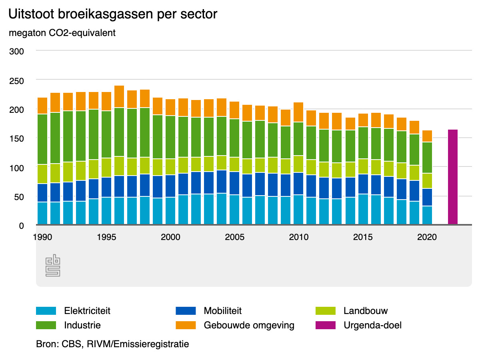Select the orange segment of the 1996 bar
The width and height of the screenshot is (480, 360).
point(119,96)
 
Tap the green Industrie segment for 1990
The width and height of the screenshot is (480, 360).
point(42,139)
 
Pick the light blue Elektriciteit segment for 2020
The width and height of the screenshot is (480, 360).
point(427,215)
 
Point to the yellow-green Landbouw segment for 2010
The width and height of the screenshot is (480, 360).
point(298,164)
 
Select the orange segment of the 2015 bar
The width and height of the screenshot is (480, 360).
point(363,120)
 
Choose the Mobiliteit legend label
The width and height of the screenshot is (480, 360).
point(222,311)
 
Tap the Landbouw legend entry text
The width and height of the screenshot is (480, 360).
point(366,311)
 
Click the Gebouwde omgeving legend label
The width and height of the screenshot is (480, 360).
point(249,325)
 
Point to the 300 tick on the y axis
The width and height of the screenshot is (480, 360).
point(17,52)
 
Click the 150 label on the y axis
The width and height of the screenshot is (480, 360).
point(17,138)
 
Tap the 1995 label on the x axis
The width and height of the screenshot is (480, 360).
point(106,237)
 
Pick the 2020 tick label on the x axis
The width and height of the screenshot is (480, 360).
point(427,237)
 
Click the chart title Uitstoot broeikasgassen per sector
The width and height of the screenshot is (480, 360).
point(113,14)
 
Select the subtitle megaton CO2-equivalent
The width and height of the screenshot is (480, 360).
point(62,33)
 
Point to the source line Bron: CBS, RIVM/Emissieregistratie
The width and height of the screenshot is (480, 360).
point(112,344)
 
